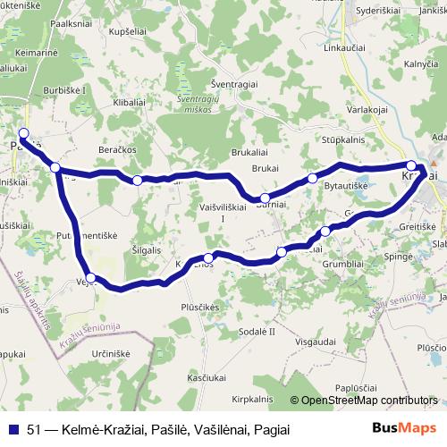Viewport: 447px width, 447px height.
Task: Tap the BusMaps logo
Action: click(403, 429)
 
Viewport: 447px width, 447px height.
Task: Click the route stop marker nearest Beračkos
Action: click(137, 181)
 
